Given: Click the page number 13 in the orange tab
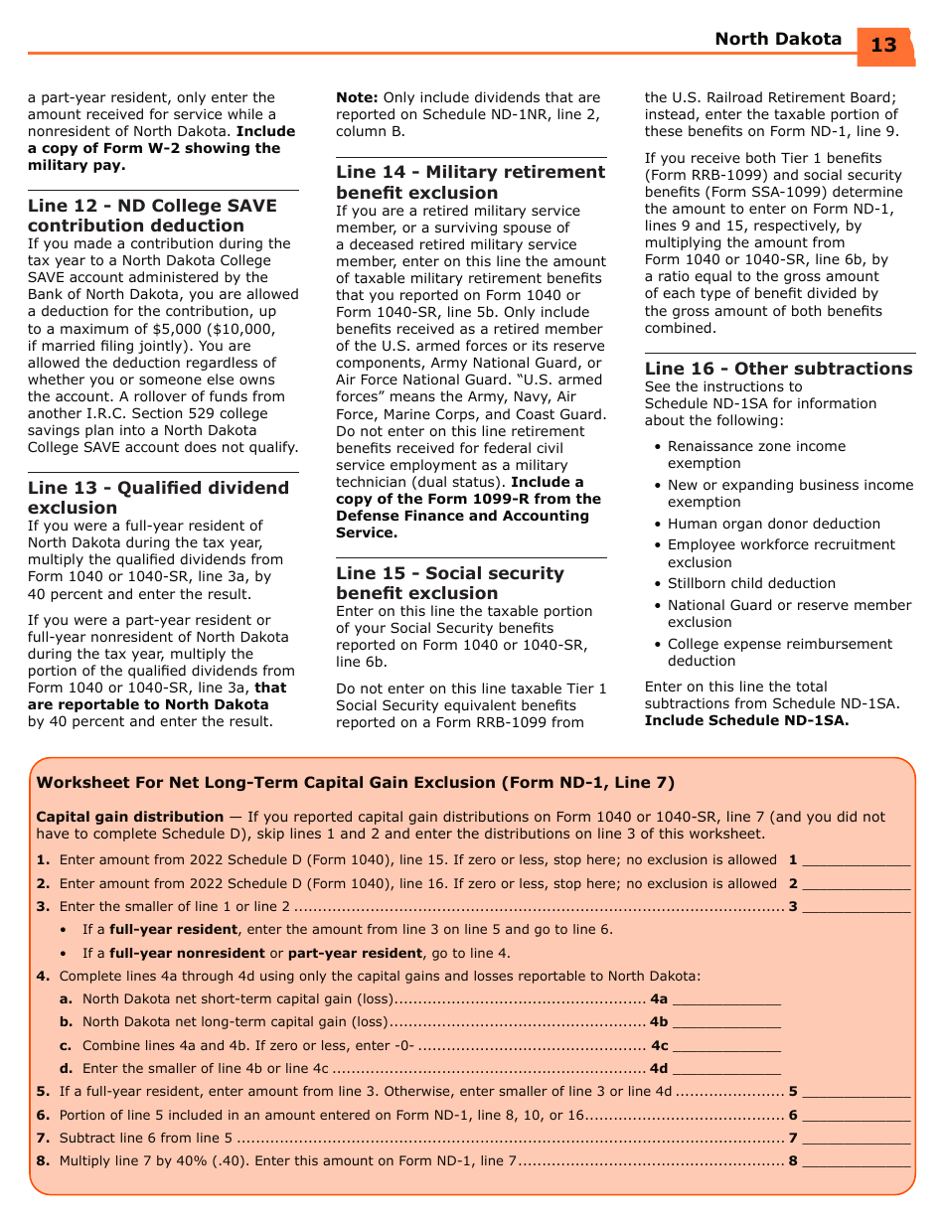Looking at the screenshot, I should (x=883, y=46).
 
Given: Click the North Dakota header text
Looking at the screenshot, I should (x=778, y=40).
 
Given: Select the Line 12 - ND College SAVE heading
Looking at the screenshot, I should (x=152, y=216).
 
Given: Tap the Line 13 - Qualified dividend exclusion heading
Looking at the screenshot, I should (x=158, y=498).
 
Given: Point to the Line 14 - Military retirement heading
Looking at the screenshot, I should (x=470, y=182).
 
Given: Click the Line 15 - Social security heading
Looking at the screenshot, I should (x=449, y=583).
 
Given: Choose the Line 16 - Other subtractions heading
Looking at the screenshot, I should (x=778, y=369).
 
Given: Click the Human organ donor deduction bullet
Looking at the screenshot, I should (x=773, y=524).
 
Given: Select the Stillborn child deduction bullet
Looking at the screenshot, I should (x=751, y=583).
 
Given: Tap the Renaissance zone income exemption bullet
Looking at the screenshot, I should (x=756, y=455).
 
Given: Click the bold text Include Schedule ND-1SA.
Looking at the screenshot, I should (x=746, y=720).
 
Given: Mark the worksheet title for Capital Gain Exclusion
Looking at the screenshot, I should (x=355, y=783).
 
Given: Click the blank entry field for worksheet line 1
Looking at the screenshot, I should (x=856, y=860).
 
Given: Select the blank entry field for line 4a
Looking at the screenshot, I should (x=726, y=999).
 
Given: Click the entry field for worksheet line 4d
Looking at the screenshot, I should (x=726, y=1069).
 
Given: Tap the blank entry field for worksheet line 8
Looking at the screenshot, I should (x=856, y=1161).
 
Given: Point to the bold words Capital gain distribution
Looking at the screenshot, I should (x=129, y=817).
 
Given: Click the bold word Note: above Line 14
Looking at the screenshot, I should (x=357, y=97).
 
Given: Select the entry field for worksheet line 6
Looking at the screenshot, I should (x=856, y=1116).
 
